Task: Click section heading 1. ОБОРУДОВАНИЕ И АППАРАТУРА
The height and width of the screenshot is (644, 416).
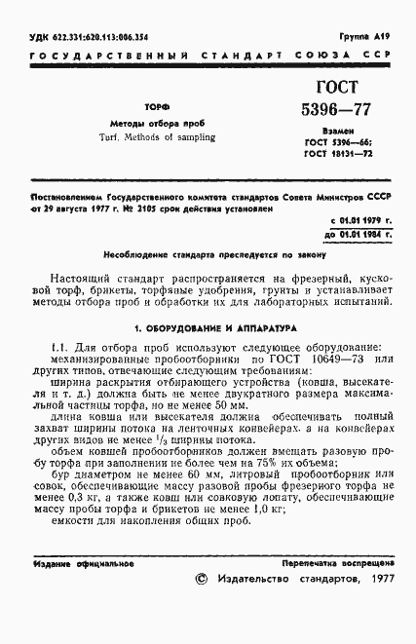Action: tap(208, 329)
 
